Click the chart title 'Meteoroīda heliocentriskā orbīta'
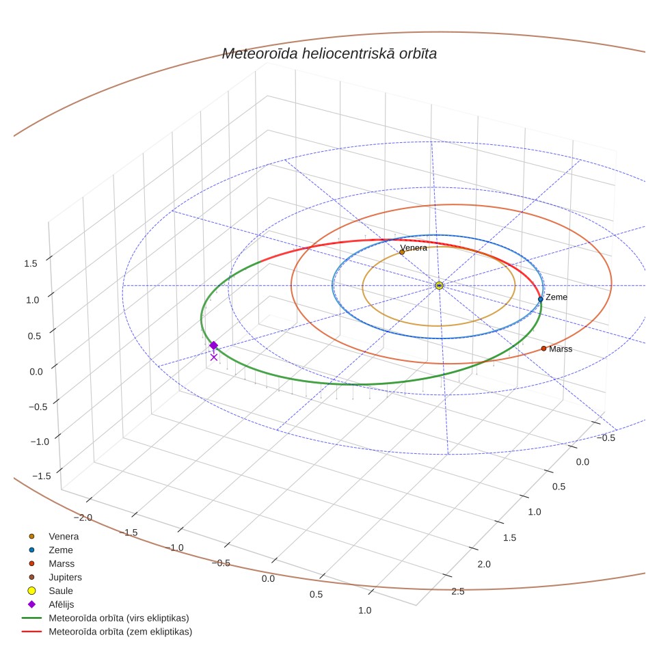[x=329, y=54]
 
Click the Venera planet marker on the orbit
[x=402, y=252]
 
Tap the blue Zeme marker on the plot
[x=541, y=299]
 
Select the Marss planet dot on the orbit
[x=543, y=349]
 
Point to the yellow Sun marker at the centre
[x=439, y=286]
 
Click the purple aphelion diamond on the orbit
[x=213, y=345]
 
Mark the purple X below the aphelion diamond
[x=214, y=358]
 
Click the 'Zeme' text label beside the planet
[x=556, y=297]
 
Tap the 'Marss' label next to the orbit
[x=561, y=349]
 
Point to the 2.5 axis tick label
[x=458, y=591]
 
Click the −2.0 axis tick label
[x=83, y=517]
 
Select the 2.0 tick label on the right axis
[x=484, y=564]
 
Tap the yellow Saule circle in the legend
[x=31, y=591]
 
